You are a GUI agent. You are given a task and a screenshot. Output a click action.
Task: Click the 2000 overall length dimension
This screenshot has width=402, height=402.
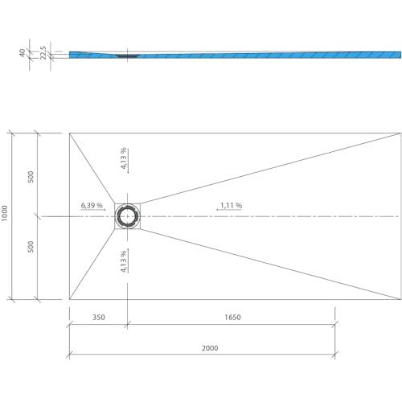pyautogui.click(x=210, y=348)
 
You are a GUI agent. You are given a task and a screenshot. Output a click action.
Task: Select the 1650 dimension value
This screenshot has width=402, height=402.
pyautogui.click(x=232, y=318)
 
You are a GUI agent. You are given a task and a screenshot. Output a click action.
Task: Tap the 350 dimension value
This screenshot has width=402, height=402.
pyautogui.click(x=99, y=318)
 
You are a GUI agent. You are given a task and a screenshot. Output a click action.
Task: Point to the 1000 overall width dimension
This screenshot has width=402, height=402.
pyautogui.click(x=5, y=213)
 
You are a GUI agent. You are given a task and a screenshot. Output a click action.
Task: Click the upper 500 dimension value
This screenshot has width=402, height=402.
pyautogui.click(x=31, y=177)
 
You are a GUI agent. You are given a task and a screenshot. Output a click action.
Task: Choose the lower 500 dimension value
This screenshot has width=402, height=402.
pyautogui.click(x=31, y=247)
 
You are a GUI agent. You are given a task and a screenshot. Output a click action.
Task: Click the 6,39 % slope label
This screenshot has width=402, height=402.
pyautogui.click(x=92, y=206)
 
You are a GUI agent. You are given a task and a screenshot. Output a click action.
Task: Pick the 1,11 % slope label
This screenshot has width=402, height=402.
pyautogui.click(x=231, y=206)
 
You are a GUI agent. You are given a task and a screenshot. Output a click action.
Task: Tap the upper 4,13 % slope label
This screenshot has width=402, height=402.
pyautogui.click(x=123, y=158)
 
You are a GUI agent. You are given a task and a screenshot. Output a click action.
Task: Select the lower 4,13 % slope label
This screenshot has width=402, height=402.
pyautogui.click(x=123, y=261)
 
